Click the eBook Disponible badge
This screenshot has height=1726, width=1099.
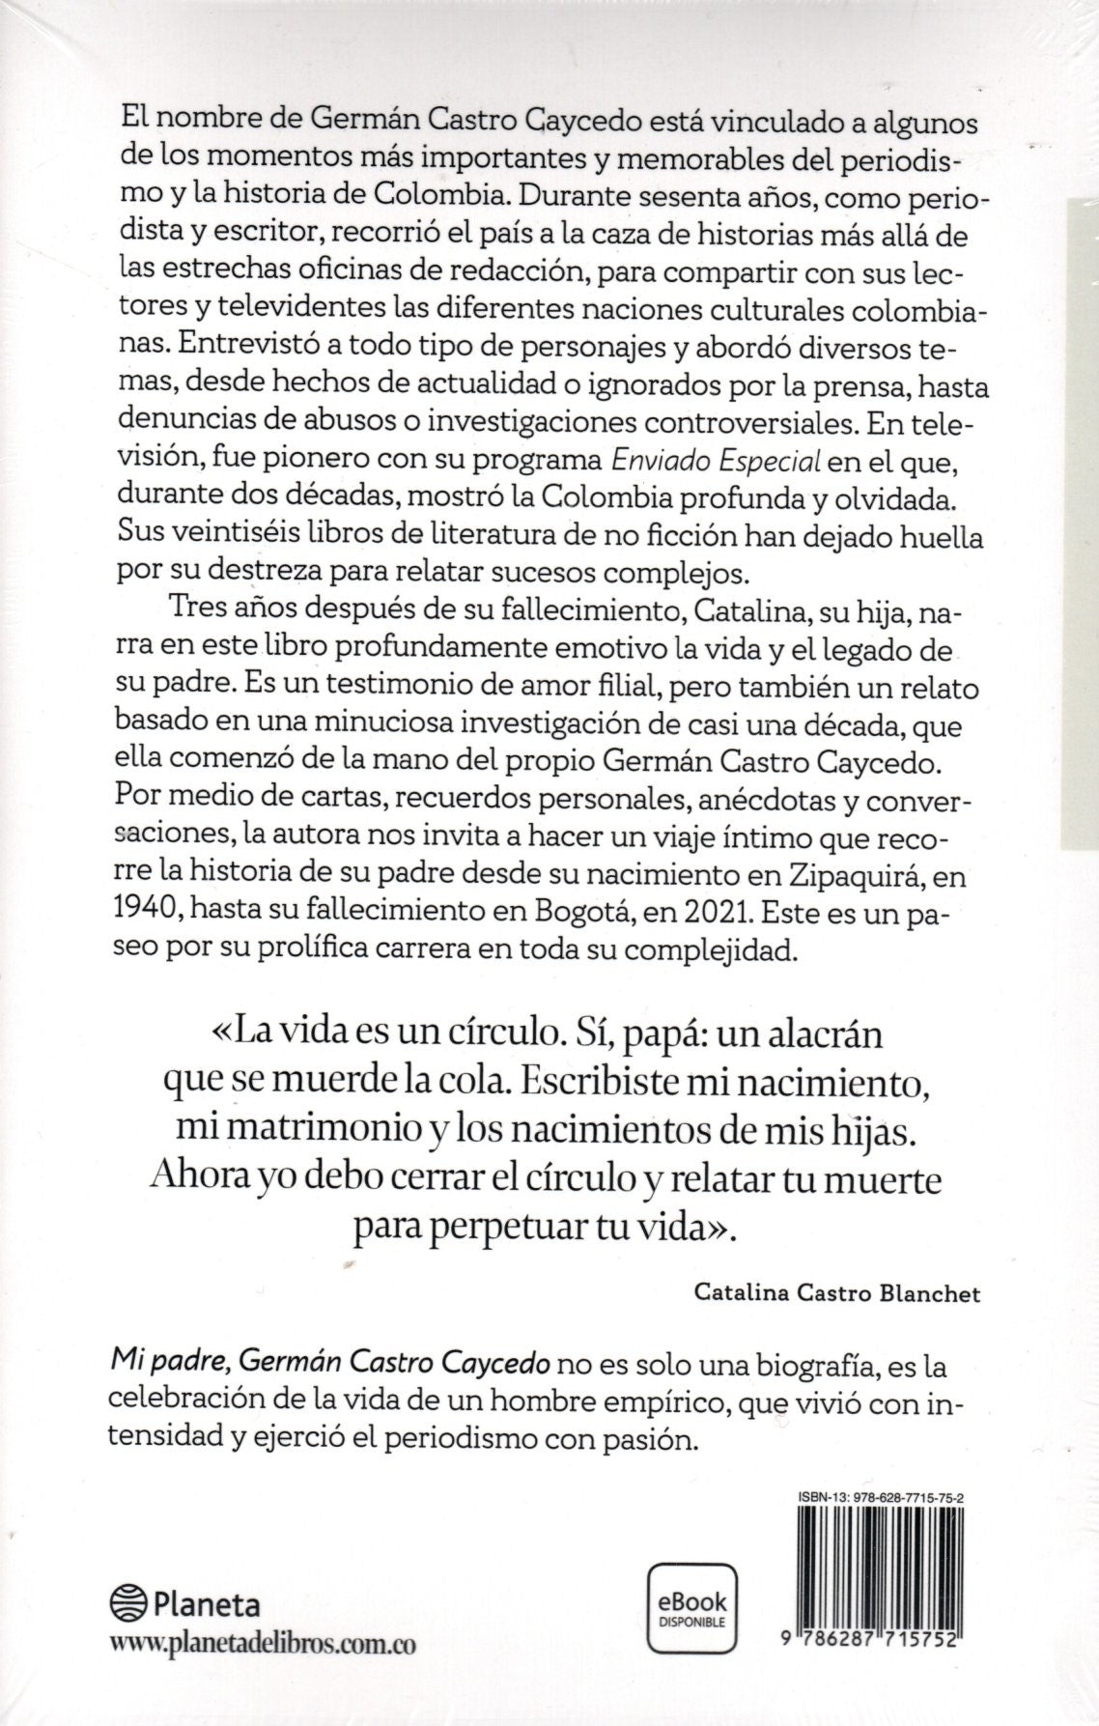[691, 1607]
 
